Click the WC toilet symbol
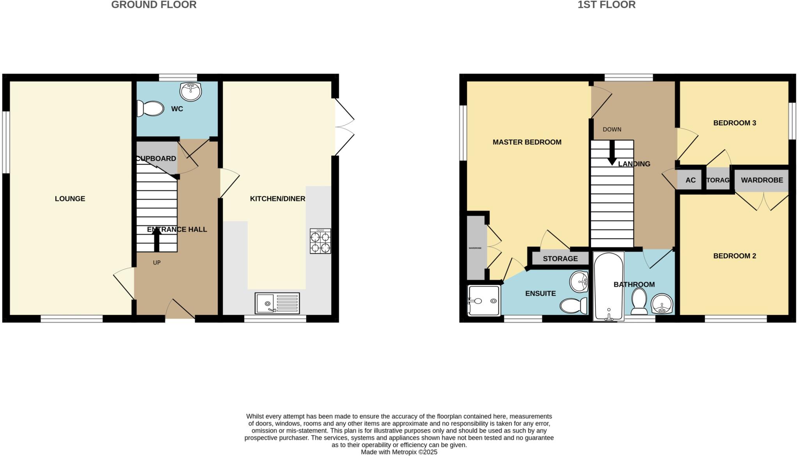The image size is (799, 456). [150, 108]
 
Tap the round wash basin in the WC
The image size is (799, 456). [190, 92]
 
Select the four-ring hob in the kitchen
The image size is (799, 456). [320, 241]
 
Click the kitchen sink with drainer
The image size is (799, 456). [277, 303]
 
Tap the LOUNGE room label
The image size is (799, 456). [70, 199]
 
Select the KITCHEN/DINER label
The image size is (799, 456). [277, 199]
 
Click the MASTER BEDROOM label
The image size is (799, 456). [527, 142]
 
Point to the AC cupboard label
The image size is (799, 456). [690, 180]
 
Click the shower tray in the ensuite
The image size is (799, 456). [484, 300]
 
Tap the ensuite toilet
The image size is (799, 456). [574, 305]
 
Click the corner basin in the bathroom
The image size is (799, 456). [662, 304]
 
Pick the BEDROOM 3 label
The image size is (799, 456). [734, 123]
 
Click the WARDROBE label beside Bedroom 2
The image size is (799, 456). [762, 180]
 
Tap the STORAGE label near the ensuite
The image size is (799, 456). [560, 259]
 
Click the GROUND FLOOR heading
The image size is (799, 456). [154, 5]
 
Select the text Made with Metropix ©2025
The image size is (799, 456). [399, 452]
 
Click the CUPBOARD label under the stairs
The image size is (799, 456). [156, 158]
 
